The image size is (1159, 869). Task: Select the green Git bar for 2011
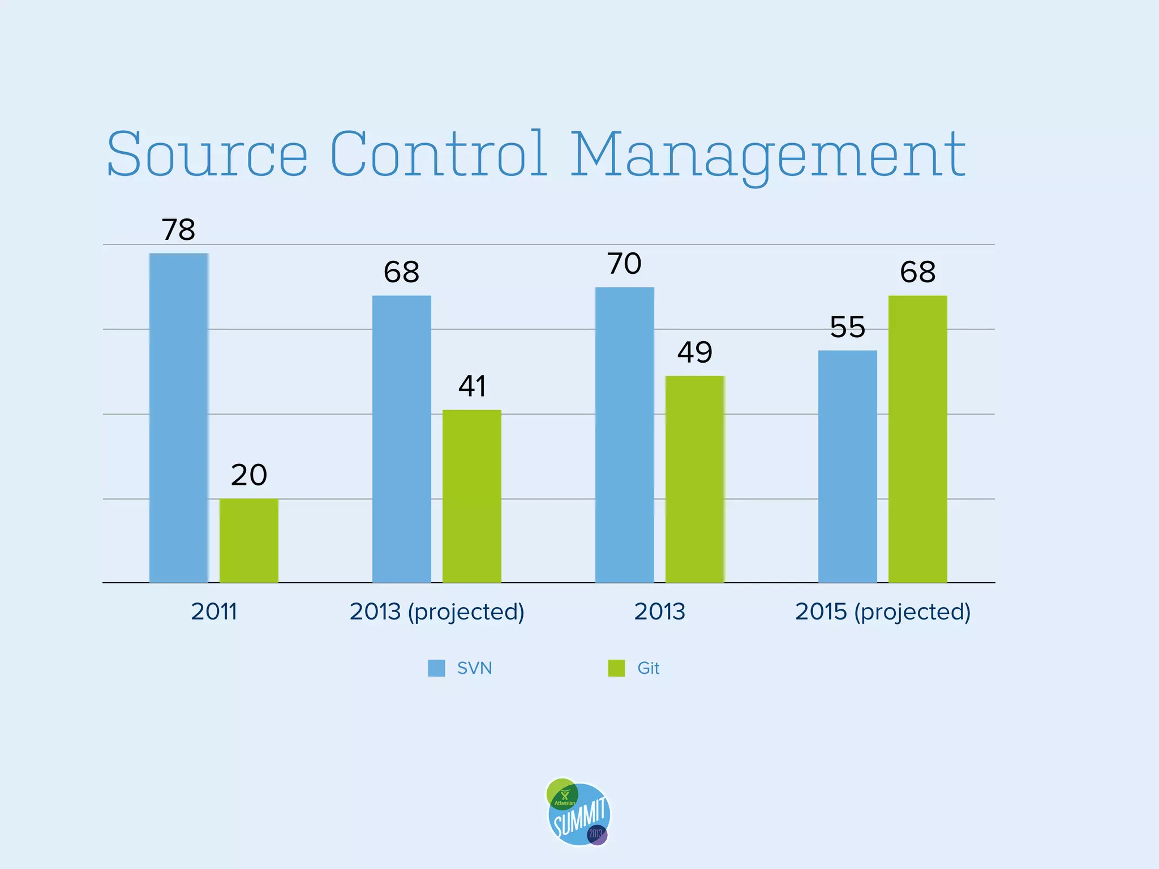tap(249, 540)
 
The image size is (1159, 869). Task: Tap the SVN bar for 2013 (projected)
tap(402, 438)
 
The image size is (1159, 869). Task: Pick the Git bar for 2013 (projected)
tap(472, 496)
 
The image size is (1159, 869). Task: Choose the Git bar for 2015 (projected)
tap(917, 438)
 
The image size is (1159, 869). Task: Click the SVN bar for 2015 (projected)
tap(847, 466)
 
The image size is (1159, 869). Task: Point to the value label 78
tap(178, 230)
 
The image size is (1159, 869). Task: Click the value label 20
tap(249, 475)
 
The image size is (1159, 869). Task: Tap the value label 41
tap(472, 386)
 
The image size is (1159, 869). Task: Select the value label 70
tap(624, 264)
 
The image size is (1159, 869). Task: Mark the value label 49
tap(695, 352)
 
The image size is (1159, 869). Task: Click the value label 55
tap(847, 327)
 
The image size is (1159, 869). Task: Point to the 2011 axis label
tap(214, 612)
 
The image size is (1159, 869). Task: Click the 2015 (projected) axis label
tap(883, 612)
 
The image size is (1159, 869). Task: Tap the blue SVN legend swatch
tap(436, 668)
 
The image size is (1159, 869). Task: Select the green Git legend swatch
tap(616, 668)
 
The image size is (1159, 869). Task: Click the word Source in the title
tap(207, 154)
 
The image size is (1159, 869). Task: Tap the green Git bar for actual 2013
tap(695, 479)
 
